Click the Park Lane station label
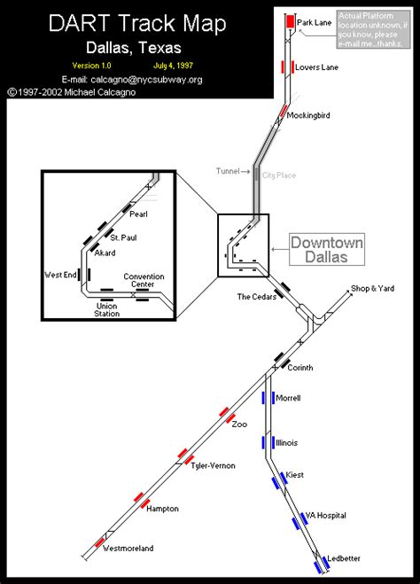pyautogui.click(x=314, y=21)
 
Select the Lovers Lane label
pyautogui.click(x=317, y=67)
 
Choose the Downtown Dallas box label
pyautogui.click(x=321, y=249)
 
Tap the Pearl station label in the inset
pyautogui.click(x=138, y=214)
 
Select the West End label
pyautogui.click(x=58, y=276)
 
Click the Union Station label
pyautogui.click(x=107, y=309)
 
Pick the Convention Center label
pyautogui.click(x=144, y=281)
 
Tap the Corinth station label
pyautogui.click(x=300, y=367)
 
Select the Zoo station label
pyautogui.click(x=239, y=424)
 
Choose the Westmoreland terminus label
pyautogui.click(x=128, y=548)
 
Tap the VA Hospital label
pyautogui.click(x=325, y=515)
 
